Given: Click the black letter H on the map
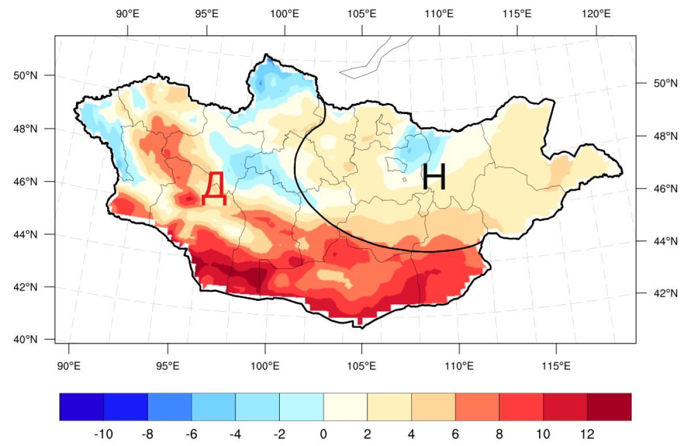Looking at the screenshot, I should tap(434, 177).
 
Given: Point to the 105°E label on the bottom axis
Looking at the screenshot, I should tap(362, 365).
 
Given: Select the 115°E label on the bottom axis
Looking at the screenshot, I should tap(556, 365).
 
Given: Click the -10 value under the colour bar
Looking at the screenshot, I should tap(103, 433).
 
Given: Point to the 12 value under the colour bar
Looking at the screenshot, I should tap(587, 433).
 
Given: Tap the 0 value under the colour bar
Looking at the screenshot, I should tap(324, 433).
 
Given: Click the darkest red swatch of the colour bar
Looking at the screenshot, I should tap(609, 407).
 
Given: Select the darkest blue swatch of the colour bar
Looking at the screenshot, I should tap(81, 407).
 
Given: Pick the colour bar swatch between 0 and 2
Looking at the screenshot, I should tap(345, 407).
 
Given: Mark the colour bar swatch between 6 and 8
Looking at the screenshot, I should tap(477, 407).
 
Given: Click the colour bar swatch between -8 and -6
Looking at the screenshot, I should tap(169, 407).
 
